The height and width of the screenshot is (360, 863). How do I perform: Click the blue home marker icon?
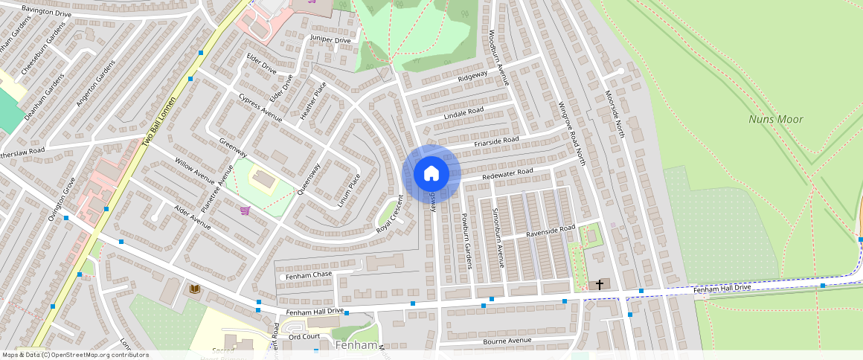coord(431,173)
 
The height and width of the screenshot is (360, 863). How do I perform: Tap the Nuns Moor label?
coord(776,119)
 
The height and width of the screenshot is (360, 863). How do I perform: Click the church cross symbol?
coord(600,284)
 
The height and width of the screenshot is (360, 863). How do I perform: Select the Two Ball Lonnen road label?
coord(158,122)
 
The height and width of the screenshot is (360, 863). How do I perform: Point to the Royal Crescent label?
coord(390,214)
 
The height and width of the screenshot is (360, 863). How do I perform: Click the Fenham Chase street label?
coord(309,275)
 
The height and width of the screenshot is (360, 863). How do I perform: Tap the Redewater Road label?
coord(507,174)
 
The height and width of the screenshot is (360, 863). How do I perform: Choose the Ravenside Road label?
coord(551,231)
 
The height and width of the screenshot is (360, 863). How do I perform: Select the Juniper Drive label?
coord(330,39)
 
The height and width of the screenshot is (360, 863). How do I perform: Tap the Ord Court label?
coord(304,336)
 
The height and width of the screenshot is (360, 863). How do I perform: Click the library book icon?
coord(195,289)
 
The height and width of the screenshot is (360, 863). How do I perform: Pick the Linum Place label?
coord(349,190)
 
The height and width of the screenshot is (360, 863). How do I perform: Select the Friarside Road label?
coord(496,141)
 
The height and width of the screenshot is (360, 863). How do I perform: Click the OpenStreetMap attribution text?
coord(74,355)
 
